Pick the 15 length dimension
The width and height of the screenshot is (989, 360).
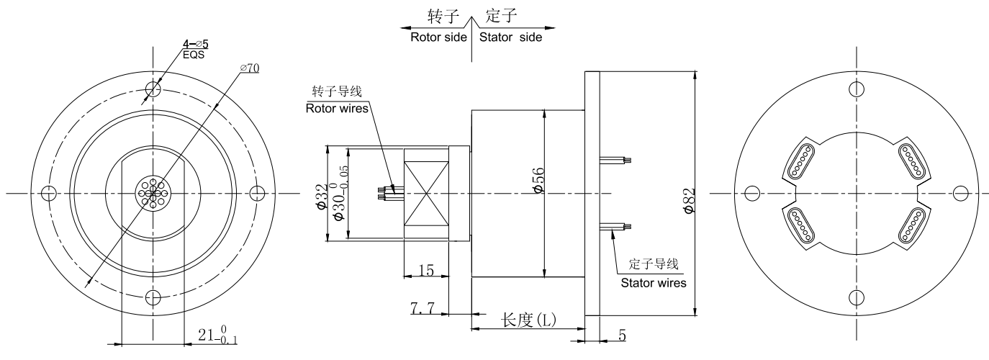tap(425, 270)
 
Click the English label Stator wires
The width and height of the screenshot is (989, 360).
tap(654, 282)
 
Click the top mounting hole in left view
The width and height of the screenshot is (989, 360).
tap(153, 89)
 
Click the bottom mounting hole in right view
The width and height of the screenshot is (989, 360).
tap(856, 297)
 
